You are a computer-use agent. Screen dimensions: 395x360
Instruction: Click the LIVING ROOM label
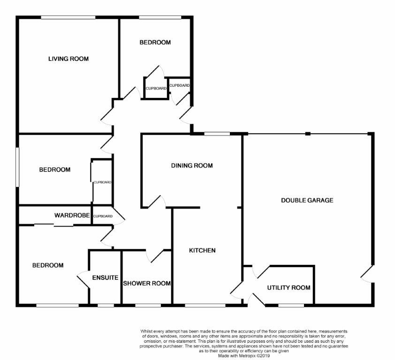pyautogui.click(x=68, y=59)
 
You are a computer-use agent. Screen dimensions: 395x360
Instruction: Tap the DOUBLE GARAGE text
pyautogui.click(x=307, y=201)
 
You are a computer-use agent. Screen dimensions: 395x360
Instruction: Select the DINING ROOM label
pyautogui.click(x=192, y=165)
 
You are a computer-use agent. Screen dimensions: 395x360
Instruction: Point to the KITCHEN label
pyautogui.click(x=202, y=250)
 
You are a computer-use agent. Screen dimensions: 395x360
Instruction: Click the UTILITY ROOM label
pyautogui.click(x=289, y=288)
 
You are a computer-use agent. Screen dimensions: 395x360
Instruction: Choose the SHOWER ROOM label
pyautogui.click(x=147, y=284)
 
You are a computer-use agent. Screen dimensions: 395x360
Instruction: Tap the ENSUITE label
pyautogui.click(x=105, y=277)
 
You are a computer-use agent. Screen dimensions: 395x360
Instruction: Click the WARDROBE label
pyautogui.click(x=72, y=216)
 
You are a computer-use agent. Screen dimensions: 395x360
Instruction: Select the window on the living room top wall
pyautogui.click(x=68, y=17)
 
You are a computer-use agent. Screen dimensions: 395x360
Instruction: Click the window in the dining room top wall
pyautogui.click(x=217, y=134)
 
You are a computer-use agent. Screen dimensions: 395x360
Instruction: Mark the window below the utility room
pyautogui.click(x=291, y=305)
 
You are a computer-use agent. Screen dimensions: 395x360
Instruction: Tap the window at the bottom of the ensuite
pyautogui.click(x=106, y=305)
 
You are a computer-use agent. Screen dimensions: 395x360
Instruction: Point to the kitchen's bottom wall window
pyautogui.click(x=205, y=305)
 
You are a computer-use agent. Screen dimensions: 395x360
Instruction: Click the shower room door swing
pyautogui.click(x=155, y=256)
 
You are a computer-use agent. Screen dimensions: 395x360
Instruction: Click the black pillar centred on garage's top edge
pyautogui.click(x=308, y=134)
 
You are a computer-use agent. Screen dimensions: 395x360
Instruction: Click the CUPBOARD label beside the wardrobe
pyautogui.click(x=103, y=216)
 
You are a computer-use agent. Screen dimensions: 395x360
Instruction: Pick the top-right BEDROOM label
pyautogui.click(x=155, y=42)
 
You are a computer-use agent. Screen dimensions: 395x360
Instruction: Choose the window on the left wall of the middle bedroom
pyautogui.click(x=17, y=167)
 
